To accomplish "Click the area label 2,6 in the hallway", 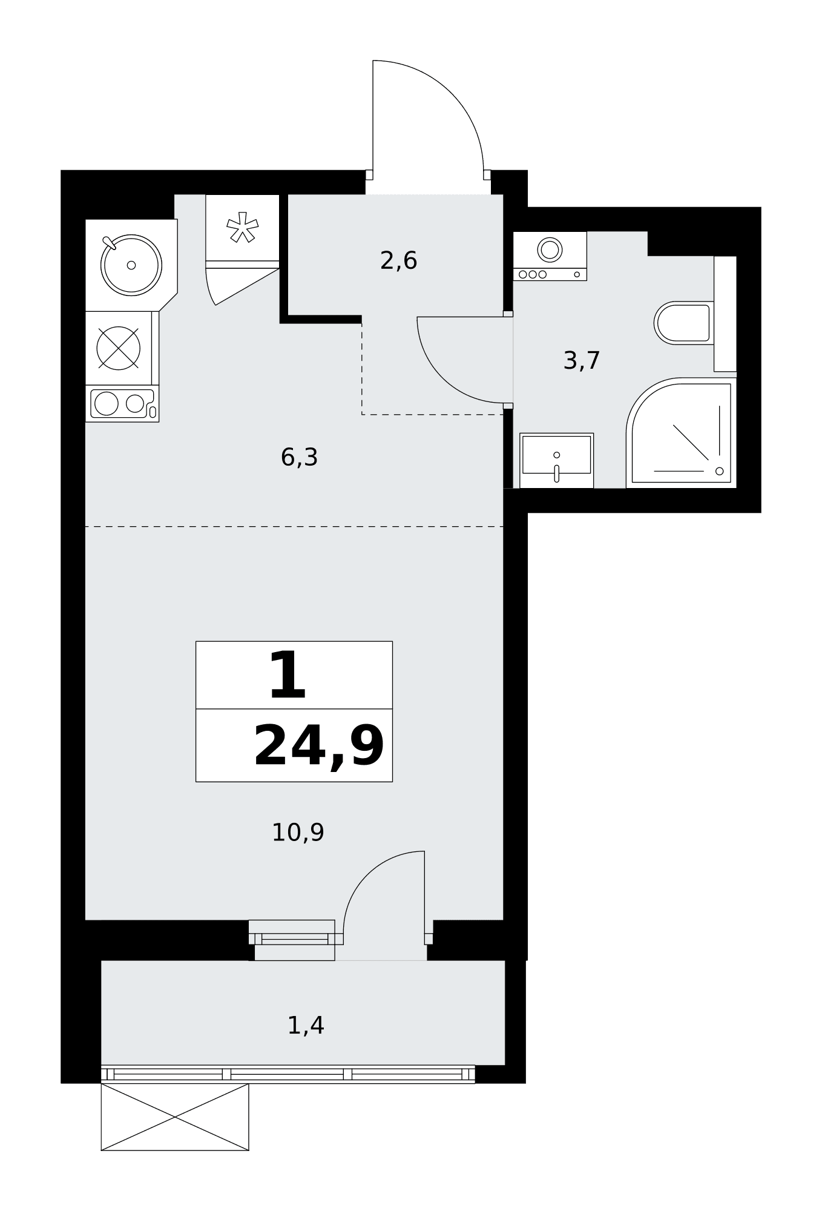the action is [x=399, y=261].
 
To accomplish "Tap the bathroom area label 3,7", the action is [x=582, y=361].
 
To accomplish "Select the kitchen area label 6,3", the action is [x=299, y=457].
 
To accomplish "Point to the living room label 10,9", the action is [x=298, y=833].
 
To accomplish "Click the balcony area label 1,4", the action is [x=306, y=1026].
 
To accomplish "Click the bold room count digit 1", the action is [x=288, y=675].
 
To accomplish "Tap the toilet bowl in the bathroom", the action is [x=683, y=323].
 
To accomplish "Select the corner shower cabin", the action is [x=682, y=432].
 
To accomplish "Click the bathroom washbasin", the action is [x=556, y=460].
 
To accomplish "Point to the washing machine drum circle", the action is [x=550, y=249].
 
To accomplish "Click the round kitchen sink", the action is [x=131, y=265].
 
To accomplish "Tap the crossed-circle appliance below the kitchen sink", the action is [x=119, y=348].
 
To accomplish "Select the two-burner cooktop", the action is [x=122, y=403].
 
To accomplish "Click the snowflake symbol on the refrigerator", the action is [x=242, y=227].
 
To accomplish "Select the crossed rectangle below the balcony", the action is [x=175, y=1117].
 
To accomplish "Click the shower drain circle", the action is [x=719, y=471].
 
